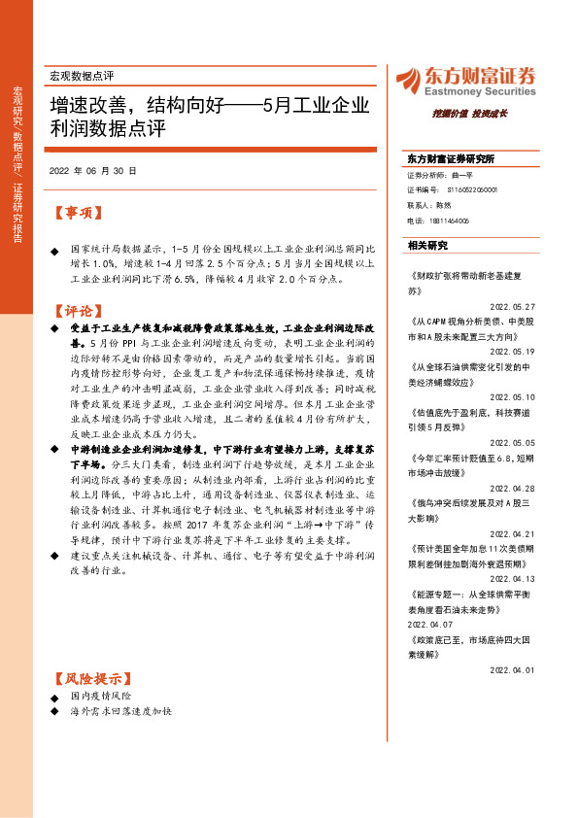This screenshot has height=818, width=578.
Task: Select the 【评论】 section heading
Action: (77, 311)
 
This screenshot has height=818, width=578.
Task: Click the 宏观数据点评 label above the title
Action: (82, 75)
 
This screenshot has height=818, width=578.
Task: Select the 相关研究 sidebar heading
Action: (427, 245)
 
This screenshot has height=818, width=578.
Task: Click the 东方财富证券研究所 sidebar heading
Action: (451, 158)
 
